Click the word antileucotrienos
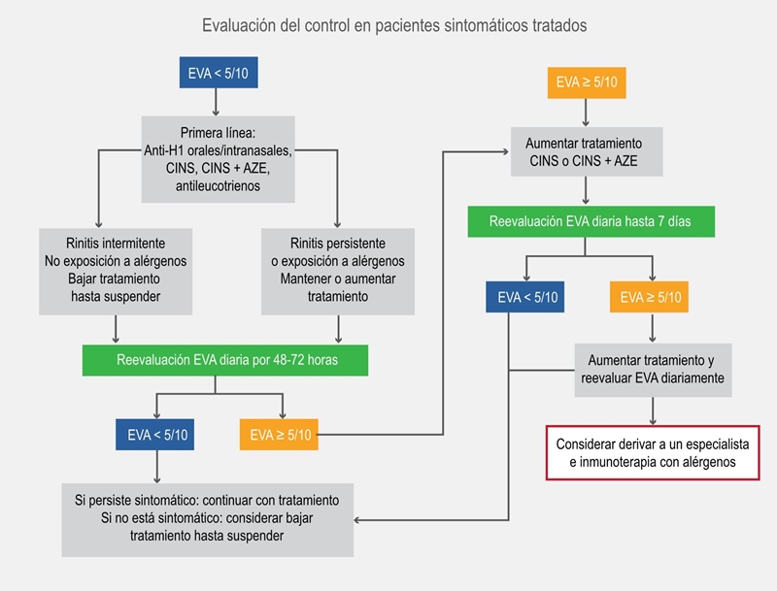[x=219, y=185]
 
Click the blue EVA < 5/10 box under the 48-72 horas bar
[x=153, y=434]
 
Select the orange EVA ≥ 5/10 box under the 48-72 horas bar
[x=280, y=434]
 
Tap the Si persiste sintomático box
[x=207, y=518]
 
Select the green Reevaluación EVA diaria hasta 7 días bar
[x=591, y=221]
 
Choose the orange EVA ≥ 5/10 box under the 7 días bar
[x=651, y=297]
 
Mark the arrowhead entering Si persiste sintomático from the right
[x=358, y=520]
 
